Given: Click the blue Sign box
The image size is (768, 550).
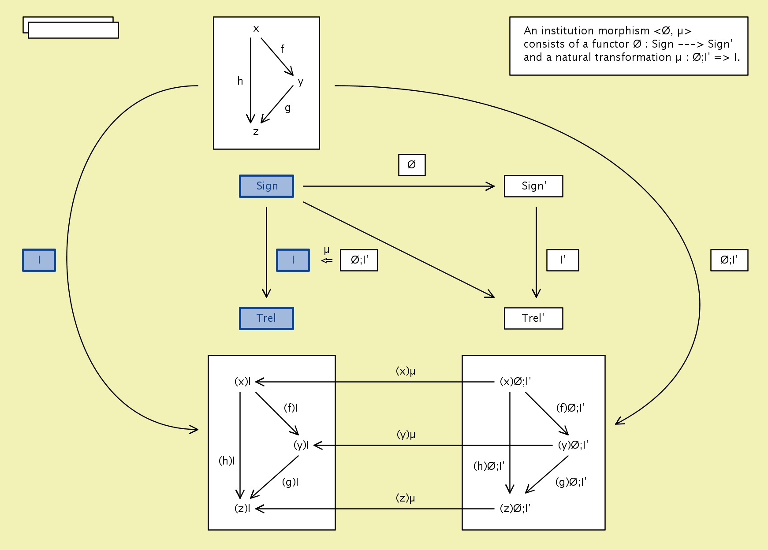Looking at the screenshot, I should click(266, 186).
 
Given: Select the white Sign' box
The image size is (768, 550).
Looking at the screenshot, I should click(533, 186).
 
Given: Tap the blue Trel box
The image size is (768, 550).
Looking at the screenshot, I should click(266, 318).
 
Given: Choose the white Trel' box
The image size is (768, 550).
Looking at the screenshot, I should click(533, 318).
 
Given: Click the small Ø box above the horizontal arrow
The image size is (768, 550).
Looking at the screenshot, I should click(412, 165).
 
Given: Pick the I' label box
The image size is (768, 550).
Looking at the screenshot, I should click(563, 260).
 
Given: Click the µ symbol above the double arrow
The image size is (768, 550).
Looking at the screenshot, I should click(327, 250).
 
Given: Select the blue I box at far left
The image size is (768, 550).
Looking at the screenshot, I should click(39, 260).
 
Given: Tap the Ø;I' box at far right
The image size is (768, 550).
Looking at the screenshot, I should click(729, 260).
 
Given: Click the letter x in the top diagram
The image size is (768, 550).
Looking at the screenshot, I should click(256, 29).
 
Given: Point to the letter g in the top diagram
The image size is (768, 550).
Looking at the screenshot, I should click(287, 108).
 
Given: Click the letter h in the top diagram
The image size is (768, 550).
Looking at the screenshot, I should click(240, 81).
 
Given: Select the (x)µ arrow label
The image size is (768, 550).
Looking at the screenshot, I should click(406, 371).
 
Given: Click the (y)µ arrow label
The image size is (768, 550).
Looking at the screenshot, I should click(406, 435).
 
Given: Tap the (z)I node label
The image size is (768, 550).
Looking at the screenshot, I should click(242, 509).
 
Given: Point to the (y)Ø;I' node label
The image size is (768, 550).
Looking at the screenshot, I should click(573, 445).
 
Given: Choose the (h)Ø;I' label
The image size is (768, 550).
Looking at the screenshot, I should click(489, 466).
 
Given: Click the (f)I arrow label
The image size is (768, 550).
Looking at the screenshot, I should click(291, 408).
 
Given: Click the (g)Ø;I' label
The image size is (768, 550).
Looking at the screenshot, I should click(571, 482).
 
